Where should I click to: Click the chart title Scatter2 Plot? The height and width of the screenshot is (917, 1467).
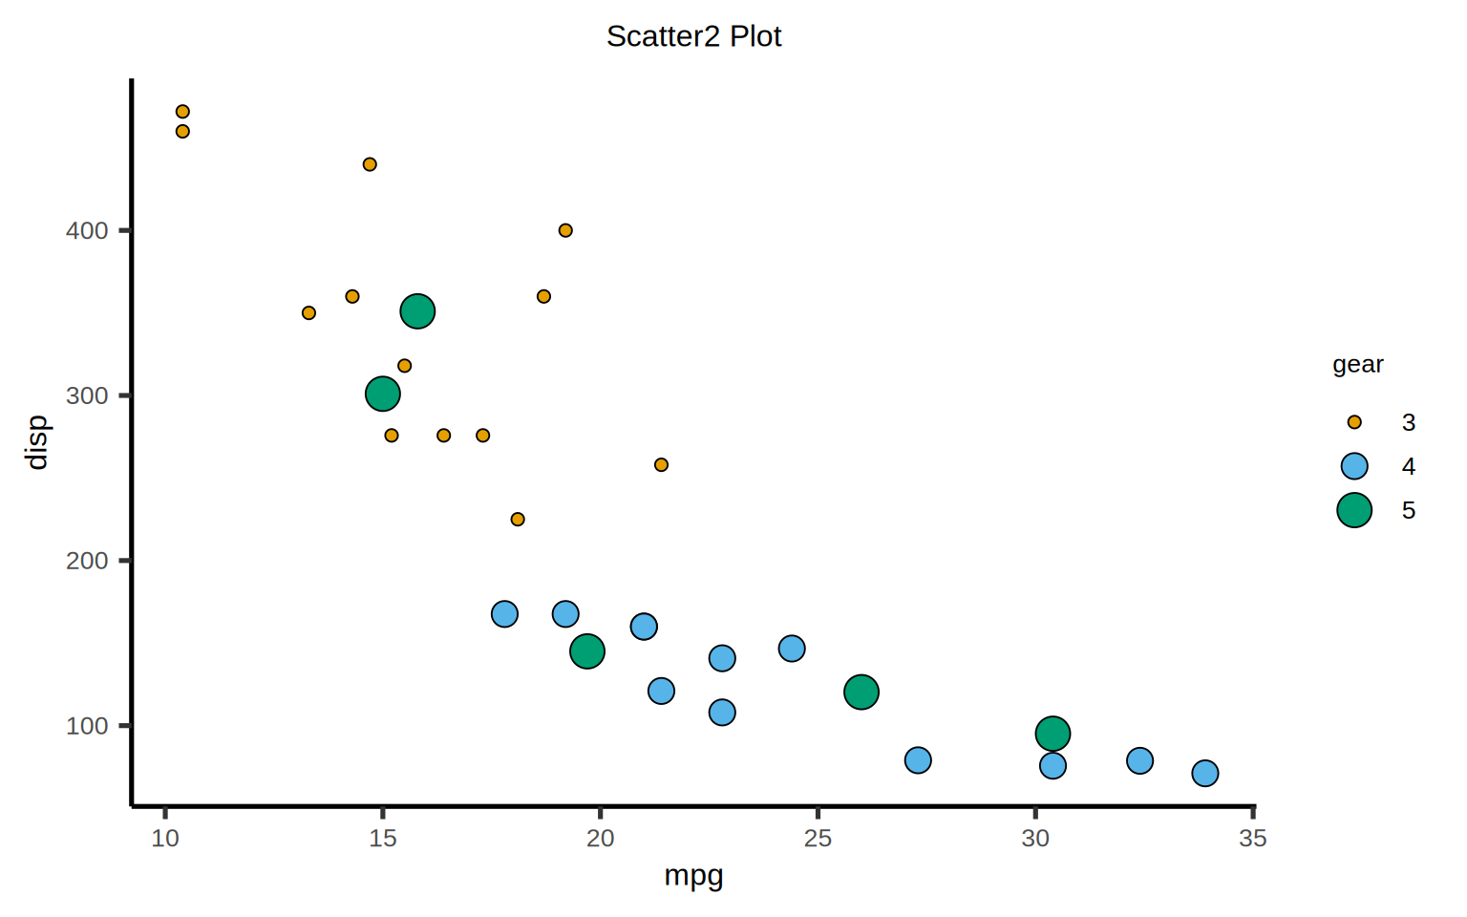(693, 36)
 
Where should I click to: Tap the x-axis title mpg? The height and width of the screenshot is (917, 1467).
(693, 876)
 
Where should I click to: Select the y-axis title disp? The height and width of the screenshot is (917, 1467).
(37, 442)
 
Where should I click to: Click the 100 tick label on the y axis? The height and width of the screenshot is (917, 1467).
(87, 726)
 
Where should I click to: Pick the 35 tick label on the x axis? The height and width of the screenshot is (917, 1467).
(1252, 839)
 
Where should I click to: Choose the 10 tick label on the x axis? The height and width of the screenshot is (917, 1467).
(165, 839)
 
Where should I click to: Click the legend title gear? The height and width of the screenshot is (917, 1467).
(1357, 365)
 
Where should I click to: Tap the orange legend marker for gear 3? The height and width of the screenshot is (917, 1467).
(1354, 422)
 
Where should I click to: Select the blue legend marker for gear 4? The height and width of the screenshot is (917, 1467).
(1354, 466)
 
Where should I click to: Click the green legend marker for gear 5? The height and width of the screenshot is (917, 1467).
(1354, 510)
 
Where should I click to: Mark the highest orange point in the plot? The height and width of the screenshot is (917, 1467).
(182, 112)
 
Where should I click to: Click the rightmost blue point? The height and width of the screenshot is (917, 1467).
(1205, 774)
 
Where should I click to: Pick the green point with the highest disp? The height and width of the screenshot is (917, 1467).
(417, 311)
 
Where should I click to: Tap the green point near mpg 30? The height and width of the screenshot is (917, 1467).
(1052, 734)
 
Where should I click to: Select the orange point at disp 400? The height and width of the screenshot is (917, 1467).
(565, 230)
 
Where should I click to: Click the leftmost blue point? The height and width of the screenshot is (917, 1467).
(504, 614)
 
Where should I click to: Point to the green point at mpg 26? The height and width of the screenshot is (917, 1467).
(861, 693)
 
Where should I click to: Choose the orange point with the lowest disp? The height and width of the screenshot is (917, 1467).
(518, 520)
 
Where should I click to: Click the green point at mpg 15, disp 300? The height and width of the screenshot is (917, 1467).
(382, 395)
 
